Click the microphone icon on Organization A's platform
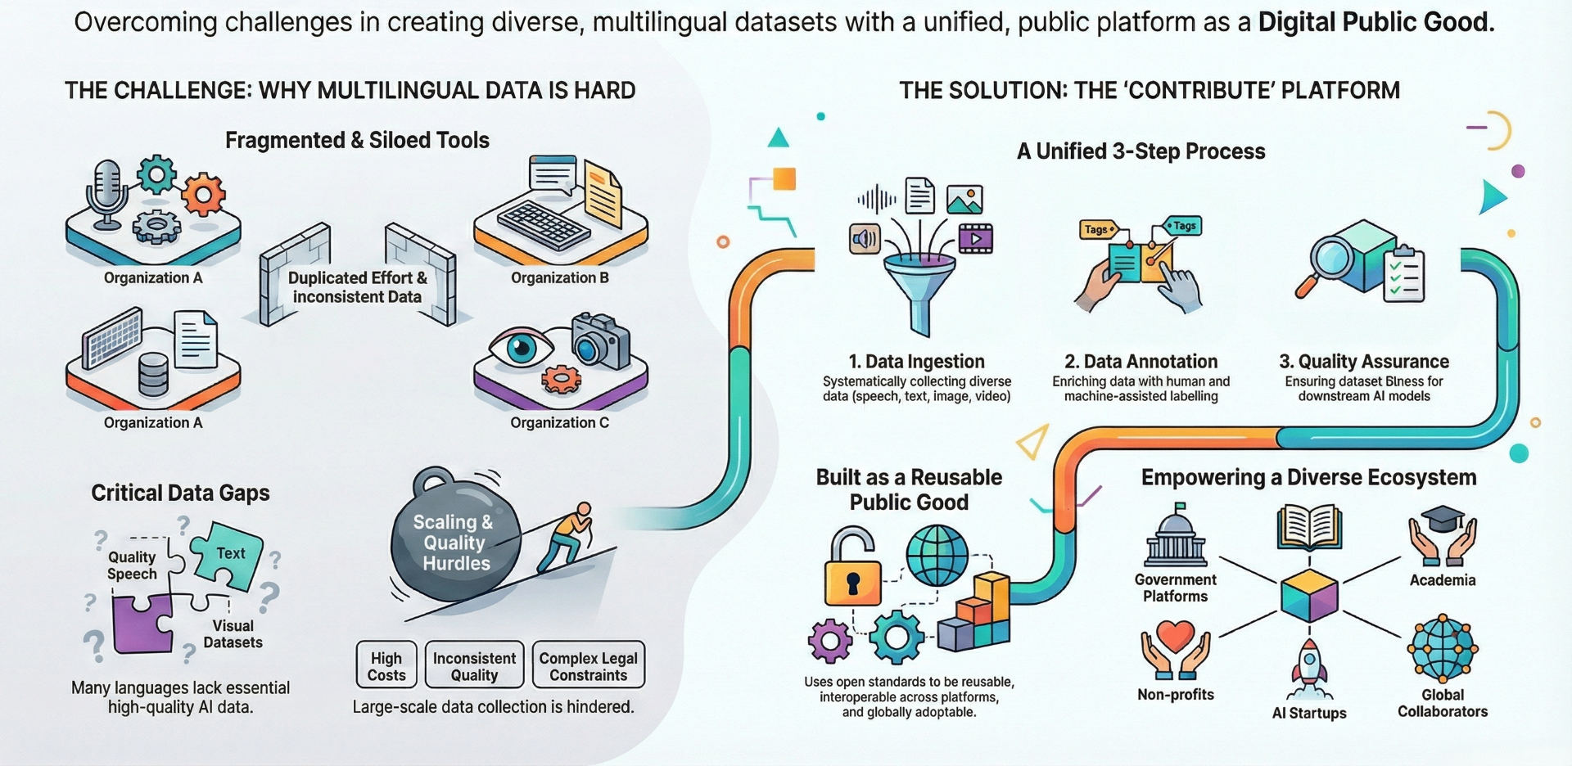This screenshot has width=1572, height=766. point(106,192)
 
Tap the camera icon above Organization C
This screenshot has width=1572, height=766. point(600,342)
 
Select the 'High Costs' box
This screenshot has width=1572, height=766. point(386,665)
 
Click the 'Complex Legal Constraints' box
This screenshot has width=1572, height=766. point(588,665)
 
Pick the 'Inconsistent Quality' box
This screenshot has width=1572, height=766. point(474,665)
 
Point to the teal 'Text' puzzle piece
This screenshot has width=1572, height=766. point(227,556)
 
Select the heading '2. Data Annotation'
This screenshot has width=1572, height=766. point(1141,361)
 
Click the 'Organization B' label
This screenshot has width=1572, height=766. point(559,277)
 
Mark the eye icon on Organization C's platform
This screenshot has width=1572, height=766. point(521,348)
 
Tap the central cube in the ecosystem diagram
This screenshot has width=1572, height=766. point(1309,596)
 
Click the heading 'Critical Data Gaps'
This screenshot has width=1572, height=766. point(180,493)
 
